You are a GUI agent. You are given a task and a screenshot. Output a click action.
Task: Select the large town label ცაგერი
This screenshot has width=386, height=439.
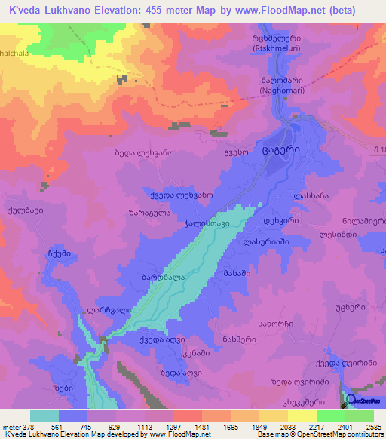point(282,149)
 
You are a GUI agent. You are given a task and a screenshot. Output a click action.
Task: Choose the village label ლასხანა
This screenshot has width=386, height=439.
point(311,195)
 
